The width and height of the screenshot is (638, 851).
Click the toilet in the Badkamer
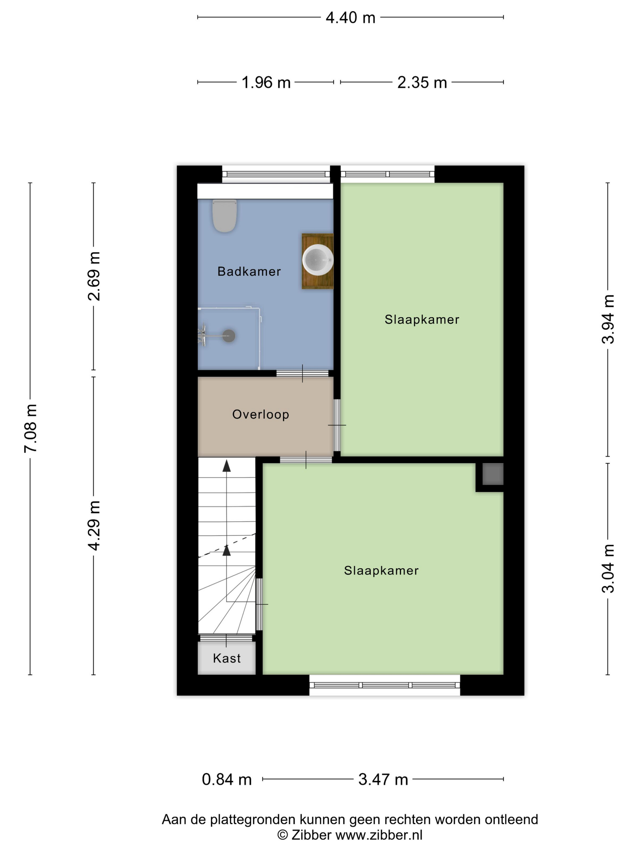tap(224, 215)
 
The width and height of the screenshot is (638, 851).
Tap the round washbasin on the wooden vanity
tap(318, 260)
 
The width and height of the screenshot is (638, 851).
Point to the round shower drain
tap(229, 336)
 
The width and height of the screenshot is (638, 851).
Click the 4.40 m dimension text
tap(350, 18)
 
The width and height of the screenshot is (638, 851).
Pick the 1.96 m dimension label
tap(266, 83)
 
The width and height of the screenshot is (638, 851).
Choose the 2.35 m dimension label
tap(422, 83)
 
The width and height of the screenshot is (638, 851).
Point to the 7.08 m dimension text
tap(30, 429)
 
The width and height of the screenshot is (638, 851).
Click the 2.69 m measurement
tap(94, 276)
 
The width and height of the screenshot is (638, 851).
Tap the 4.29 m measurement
tap(94, 525)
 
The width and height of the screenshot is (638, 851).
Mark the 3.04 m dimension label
tap(608, 569)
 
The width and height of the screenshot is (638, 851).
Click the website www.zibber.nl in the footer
tap(379, 835)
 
